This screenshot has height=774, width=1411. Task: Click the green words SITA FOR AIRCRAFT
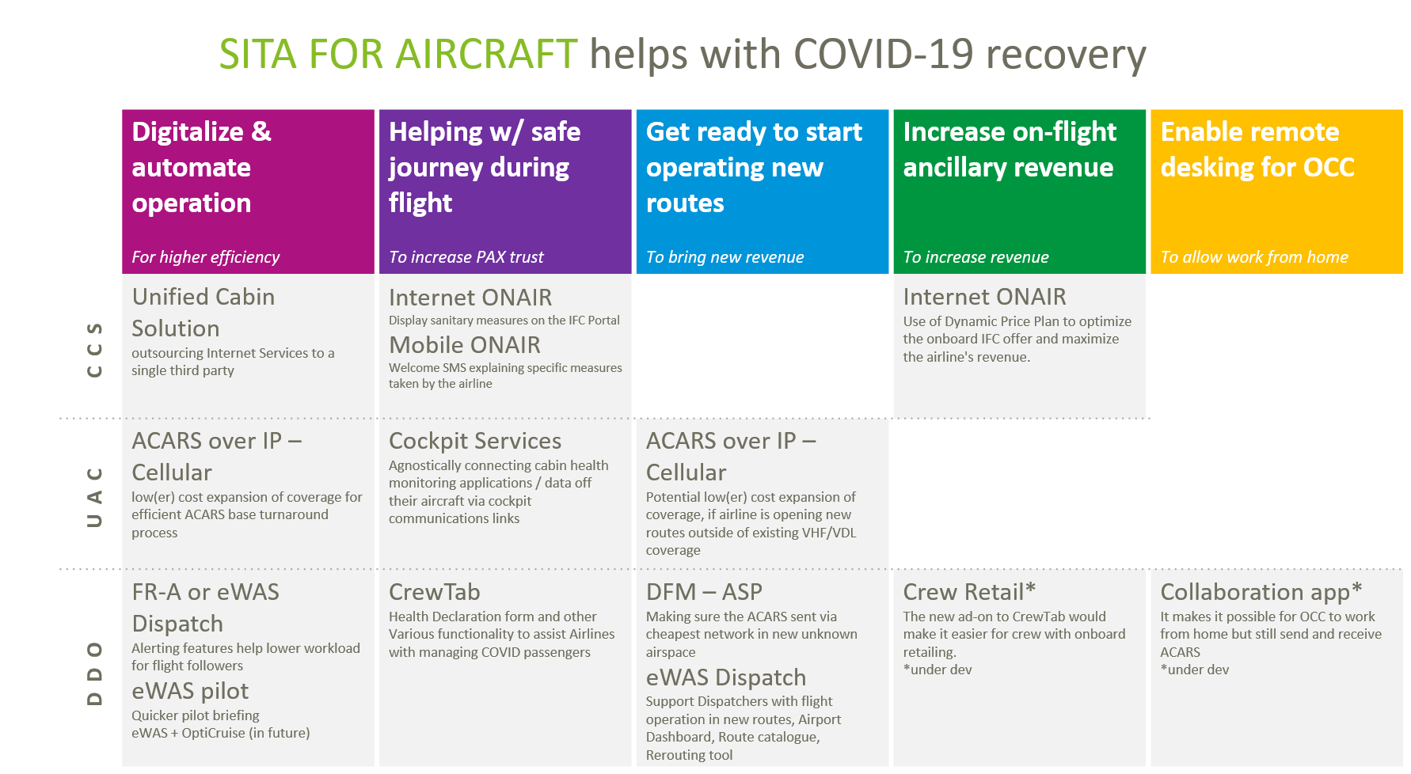point(397,55)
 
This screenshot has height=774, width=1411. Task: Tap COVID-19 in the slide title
point(883,55)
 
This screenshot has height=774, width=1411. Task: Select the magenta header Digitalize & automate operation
point(202,167)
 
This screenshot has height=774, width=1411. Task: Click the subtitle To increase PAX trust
point(466,257)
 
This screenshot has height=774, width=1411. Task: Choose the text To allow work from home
point(1253,257)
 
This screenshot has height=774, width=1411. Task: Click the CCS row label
point(95,349)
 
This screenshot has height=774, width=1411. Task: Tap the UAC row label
point(95,497)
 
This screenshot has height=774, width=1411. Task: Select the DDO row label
point(95,673)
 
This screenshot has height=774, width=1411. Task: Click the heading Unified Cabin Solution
point(203,312)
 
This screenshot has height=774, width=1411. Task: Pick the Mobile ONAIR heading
point(464,345)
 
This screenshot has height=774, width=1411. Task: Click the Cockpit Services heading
point(474,441)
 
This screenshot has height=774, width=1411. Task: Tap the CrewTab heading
point(434,592)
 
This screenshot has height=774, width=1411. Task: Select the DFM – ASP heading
point(703,592)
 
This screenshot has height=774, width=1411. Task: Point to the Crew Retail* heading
point(968,592)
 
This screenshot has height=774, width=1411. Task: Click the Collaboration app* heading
point(1260,592)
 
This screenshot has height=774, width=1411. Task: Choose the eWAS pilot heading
point(190,691)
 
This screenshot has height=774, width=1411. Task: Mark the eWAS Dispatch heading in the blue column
point(725,677)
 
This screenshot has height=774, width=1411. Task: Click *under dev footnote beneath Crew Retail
point(937,670)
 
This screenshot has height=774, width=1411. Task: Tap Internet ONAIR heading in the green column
point(984,297)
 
